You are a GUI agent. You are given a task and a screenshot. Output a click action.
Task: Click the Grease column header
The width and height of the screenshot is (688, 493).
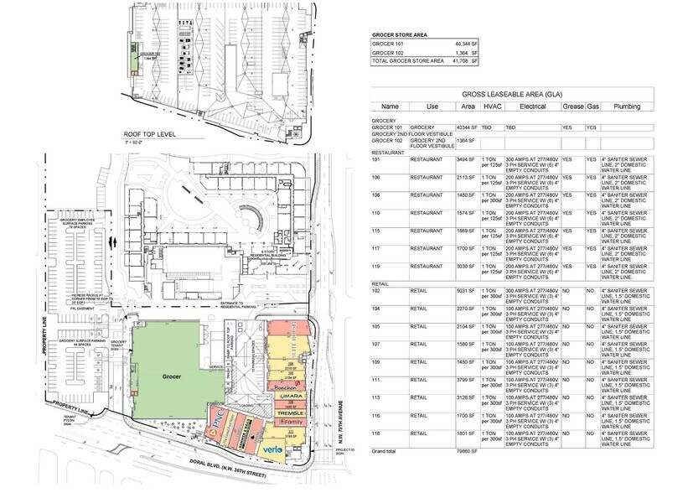[x=572, y=106]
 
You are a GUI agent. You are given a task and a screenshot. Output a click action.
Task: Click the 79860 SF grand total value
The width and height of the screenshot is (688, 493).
[x=466, y=450]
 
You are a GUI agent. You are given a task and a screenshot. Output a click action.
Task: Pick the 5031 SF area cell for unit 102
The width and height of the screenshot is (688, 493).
[x=466, y=290]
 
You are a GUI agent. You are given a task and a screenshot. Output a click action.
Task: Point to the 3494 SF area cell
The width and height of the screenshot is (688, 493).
[x=466, y=158]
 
